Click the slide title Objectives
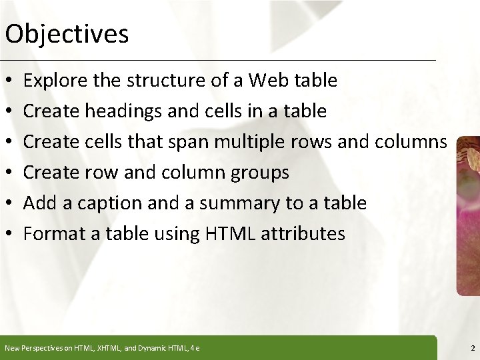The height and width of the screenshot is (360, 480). pos(66,33)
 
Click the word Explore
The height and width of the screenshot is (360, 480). pos(51,81)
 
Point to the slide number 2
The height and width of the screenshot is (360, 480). pos(471,348)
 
